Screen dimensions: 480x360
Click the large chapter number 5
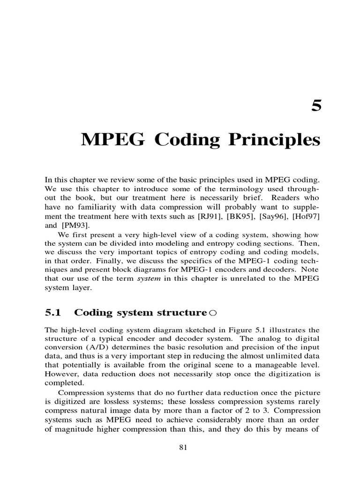[x=317, y=106]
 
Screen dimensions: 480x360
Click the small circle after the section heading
[x=212, y=313]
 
